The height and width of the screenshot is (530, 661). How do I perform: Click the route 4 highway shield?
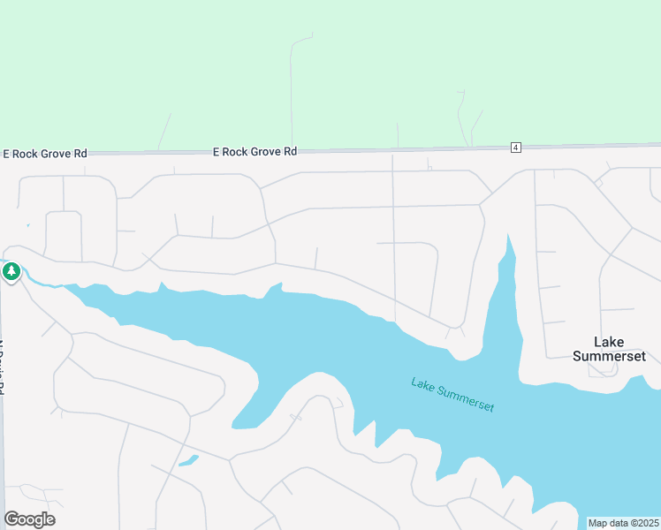coord(515,147)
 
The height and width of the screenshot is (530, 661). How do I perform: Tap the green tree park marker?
coord(11,271)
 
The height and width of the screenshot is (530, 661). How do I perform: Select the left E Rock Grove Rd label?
coord(44,153)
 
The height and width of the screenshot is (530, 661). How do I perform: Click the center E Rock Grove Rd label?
coord(255,152)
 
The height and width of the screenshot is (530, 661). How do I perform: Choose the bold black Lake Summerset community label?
coord(609,349)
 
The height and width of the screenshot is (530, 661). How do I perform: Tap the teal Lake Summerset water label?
coord(452,395)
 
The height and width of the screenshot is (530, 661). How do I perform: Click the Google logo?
coord(29,519)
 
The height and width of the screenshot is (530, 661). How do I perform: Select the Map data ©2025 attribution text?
coord(623,523)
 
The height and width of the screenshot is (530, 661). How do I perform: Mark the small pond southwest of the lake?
coord(187,460)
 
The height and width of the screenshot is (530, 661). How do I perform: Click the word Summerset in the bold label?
coord(609,356)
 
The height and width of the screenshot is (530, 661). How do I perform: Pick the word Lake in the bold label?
coord(609,342)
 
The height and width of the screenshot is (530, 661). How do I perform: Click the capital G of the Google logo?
coord(11,519)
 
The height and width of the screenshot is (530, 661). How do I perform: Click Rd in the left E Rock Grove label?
coord(80,153)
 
